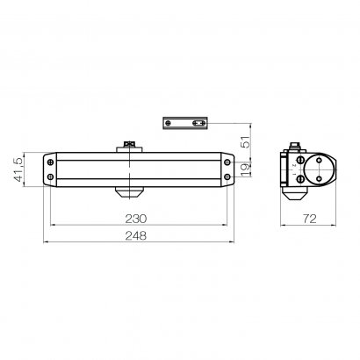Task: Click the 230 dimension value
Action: point(136,219)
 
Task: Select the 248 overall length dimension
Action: point(136,235)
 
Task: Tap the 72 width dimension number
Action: point(309,219)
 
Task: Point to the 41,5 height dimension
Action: point(18,169)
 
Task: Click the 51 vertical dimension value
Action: point(247,141)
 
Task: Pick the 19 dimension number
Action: point(247,169)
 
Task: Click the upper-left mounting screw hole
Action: point(50,162)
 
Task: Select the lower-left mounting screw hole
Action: point(50,176)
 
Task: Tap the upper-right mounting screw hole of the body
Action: point(227,162)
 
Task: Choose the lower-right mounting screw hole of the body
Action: point(227,176)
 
